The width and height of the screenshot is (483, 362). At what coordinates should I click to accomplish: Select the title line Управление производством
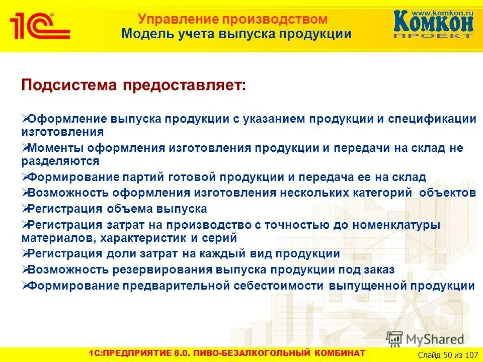pos(233,20)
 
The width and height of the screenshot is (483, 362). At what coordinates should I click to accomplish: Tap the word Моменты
pos(55,148)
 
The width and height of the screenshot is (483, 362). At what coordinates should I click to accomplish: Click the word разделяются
pos(60,161)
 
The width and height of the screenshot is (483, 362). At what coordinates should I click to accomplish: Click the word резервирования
pos(163,269)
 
